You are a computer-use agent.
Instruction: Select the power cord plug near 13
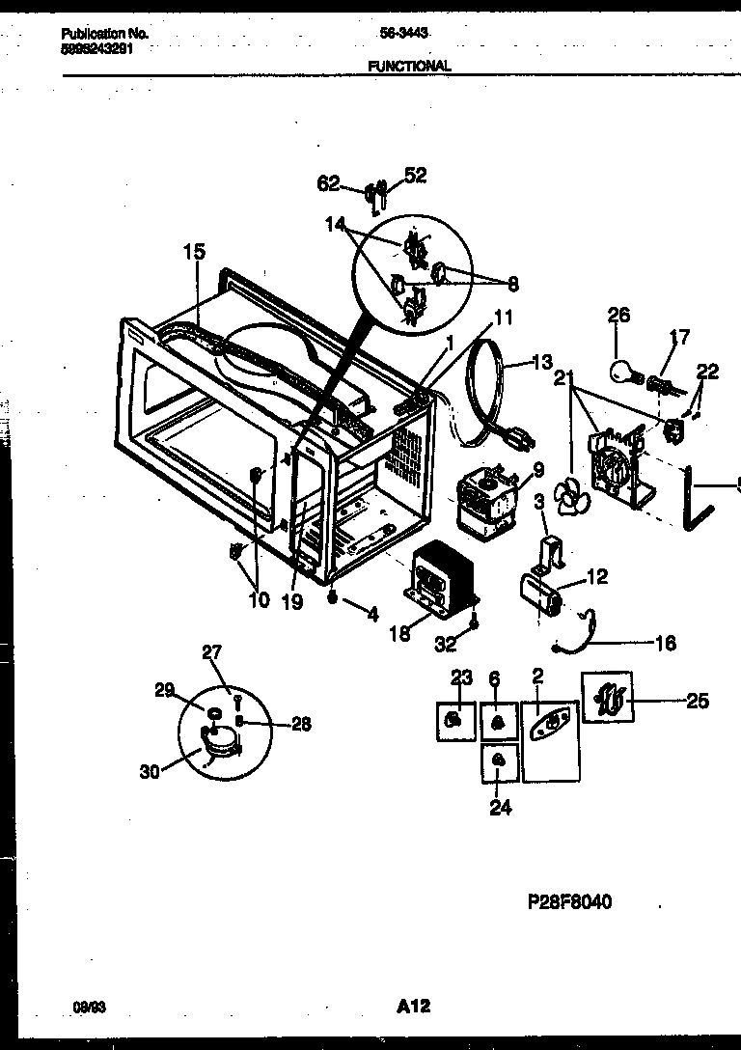point(522,439)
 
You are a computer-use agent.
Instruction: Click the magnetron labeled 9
point(489,500)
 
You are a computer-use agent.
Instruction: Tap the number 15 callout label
point(194,252)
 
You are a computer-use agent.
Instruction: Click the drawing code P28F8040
point(569,902)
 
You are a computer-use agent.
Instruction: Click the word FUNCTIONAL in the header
point(409,67)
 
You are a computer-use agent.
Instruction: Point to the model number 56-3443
point(404,33)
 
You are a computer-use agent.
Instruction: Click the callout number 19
point(292,602)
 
